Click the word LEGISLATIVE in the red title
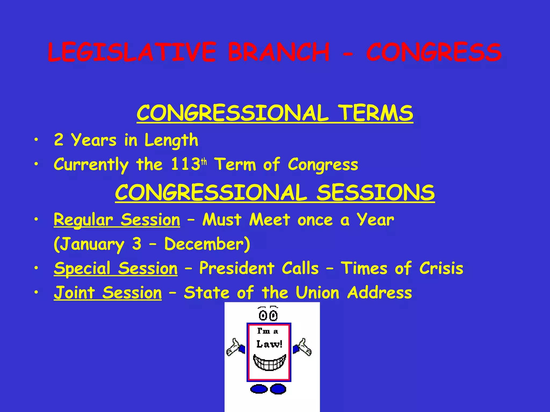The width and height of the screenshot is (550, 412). point(132,52)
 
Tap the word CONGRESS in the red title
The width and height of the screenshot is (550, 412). point(434,52)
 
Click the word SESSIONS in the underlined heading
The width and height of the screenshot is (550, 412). point(375,193)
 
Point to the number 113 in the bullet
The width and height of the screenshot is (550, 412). point(185,164)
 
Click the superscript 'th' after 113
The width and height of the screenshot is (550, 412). point(204,162)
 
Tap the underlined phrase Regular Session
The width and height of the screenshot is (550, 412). point(117,220)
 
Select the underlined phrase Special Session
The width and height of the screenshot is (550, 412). point(115,268)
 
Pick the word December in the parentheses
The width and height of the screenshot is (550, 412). point(204,244)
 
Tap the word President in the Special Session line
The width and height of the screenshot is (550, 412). point(237,268)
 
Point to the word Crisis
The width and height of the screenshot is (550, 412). point(441,268)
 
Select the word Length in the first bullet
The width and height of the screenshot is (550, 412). point(171,140)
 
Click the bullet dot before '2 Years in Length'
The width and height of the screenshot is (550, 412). point(36,140)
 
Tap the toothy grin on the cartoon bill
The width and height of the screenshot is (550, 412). point(269,362)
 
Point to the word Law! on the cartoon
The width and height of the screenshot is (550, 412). point(269,344)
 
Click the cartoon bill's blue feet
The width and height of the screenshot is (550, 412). point(268,389)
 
